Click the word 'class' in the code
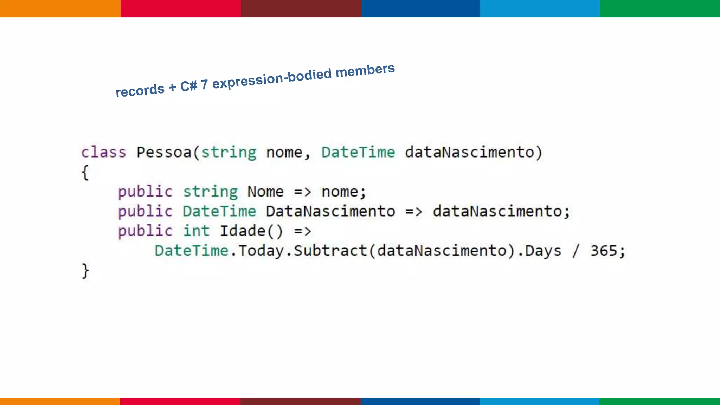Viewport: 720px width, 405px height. [x=103, y=153]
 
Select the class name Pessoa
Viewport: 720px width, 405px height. [x=163, y=153]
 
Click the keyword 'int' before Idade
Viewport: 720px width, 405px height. [x=196, y=231]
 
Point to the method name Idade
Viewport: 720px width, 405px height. [x=242, y=231]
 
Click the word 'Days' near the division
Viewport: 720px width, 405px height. [x=543, y=251]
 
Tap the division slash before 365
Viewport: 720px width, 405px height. [x=576, y=251]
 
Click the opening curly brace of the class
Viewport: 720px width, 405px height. [x=85, y=173]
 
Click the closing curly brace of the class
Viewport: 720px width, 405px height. [x=85, y=271]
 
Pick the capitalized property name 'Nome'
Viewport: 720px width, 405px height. [x=265, y=192]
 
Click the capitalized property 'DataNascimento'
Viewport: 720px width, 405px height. [x=330, y=212]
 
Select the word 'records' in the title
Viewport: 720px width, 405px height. [x=140, y=90]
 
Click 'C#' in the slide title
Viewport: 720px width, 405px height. [x=188, y=85]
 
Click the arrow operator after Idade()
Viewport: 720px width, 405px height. [x=303, y=231]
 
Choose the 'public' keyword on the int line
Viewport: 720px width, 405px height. [x=145, y=231]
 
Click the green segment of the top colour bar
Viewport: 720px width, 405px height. [x=660, y=8]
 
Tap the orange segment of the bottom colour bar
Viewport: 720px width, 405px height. [x=60, y=401]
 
